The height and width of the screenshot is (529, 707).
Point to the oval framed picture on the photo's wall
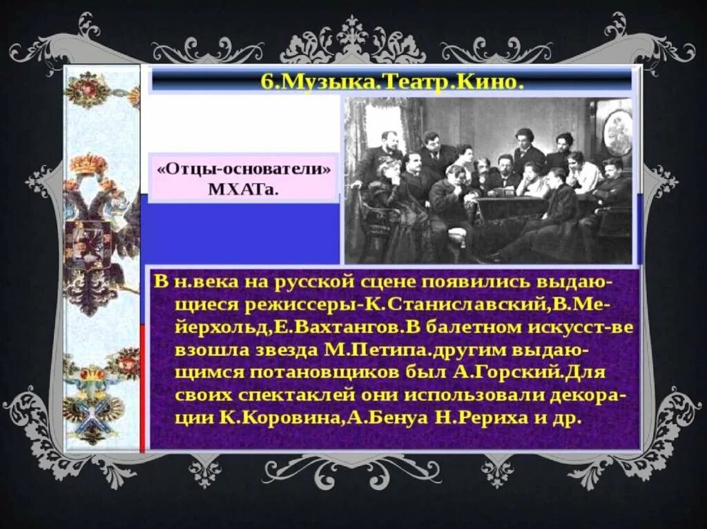[617, 132]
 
